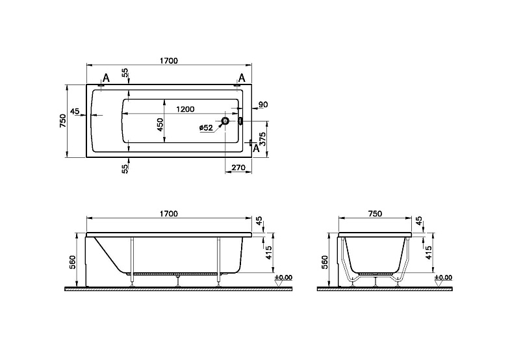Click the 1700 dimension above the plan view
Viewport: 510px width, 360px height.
pos(169,61)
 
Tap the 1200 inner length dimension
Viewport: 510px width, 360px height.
pos(185,109)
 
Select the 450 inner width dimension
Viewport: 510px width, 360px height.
pos(160,125)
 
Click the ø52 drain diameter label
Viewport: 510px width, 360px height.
pos(206,128)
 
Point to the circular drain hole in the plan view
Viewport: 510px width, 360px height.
pos(225,121)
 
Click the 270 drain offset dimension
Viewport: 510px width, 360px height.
pos(238,168)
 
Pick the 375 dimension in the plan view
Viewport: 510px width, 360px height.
pos(263,139)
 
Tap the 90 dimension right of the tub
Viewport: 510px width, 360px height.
pos(263,105)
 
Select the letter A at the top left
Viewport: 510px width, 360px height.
pos(106,78)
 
